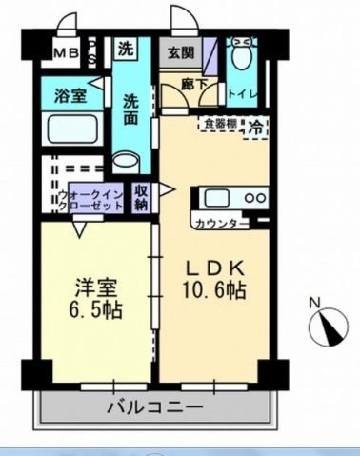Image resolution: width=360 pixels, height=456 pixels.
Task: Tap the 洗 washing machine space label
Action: coord(126,48)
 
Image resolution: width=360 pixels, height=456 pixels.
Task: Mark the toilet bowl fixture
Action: coord(244,58)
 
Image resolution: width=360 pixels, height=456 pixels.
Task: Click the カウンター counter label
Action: coord(217,224)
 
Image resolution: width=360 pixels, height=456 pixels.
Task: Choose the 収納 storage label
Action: coord(142,197)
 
